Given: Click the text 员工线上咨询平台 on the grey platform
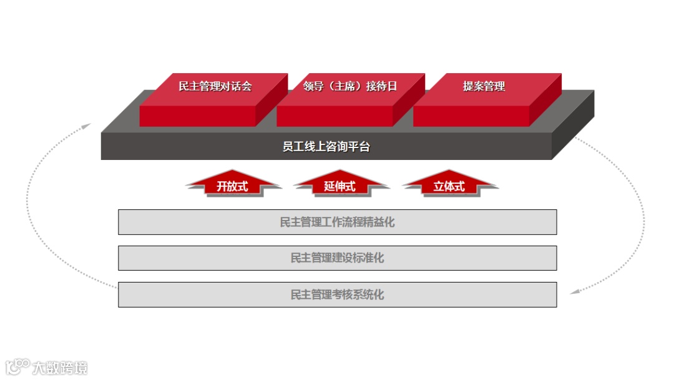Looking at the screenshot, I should (x=326, y=147).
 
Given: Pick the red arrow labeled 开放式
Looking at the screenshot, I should (x=232, y=186).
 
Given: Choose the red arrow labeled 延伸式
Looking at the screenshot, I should (x=340, y=186).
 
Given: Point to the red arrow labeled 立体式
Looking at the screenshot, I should (x=449, y=186).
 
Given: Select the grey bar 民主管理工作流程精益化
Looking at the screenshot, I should (x=337, y=222).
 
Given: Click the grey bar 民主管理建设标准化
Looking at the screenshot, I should (x=337, y=258).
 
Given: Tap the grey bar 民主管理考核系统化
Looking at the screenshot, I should (x=337, y=294).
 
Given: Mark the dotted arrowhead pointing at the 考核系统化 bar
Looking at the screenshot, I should (x=574, y=291).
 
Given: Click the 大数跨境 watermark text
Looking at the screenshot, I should (x=61, y=367).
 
